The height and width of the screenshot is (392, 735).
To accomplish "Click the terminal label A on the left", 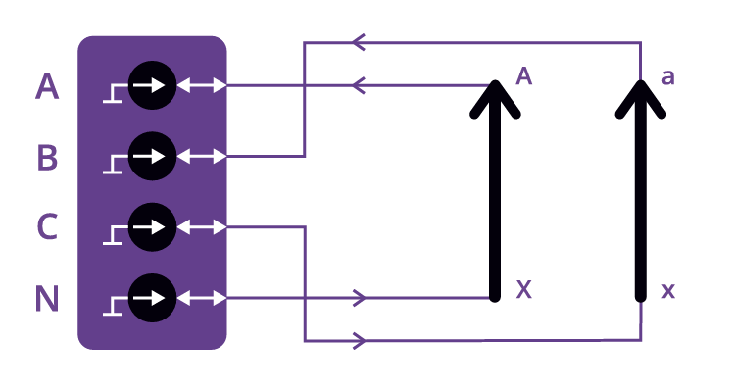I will [47, 86].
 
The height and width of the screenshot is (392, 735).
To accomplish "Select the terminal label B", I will [47, 157].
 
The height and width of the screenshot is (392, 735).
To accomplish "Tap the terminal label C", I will [47, 227].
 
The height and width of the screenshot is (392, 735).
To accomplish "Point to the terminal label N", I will [47, 298].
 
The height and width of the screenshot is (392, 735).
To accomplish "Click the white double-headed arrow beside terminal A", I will [202, 86].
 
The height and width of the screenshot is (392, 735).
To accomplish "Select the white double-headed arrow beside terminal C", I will [202, 227].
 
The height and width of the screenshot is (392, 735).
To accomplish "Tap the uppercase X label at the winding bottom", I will [523, 290].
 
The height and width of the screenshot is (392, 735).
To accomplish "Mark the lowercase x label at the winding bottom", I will [667, 290].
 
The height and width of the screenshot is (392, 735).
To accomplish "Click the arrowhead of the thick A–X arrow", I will [495, 98].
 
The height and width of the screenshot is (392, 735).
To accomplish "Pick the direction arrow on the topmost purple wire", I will [359, 42].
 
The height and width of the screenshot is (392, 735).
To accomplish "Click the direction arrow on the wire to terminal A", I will [359, 86].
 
